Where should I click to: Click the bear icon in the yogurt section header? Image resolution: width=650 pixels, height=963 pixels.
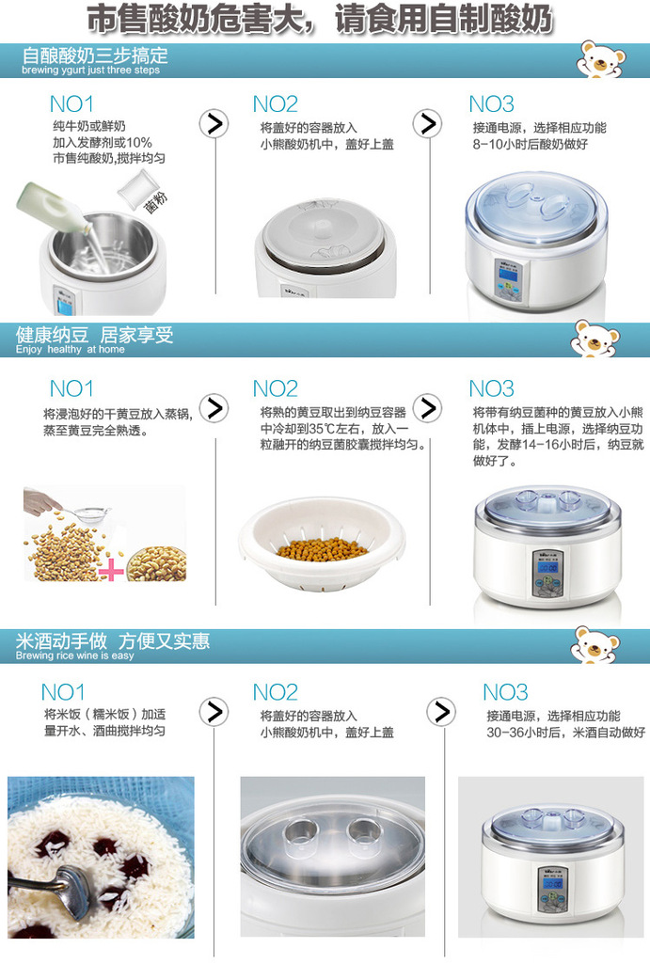[600, 59]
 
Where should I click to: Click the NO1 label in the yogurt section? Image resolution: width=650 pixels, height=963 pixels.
[72, 103]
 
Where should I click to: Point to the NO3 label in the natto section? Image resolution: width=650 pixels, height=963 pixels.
[492, 387]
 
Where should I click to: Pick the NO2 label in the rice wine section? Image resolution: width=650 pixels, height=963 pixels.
[276, 692]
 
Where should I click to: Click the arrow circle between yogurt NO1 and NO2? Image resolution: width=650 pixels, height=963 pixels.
[215, 123]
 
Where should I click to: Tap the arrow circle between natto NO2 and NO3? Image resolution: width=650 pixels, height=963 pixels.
[428, 407]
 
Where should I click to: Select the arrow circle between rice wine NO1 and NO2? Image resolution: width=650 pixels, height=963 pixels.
[215, 712]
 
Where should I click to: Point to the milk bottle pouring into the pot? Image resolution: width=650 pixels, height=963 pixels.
[56, 212]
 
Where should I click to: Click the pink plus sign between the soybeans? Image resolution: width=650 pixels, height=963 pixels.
[111, 570]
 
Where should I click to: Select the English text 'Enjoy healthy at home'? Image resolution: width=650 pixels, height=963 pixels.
[70, 350]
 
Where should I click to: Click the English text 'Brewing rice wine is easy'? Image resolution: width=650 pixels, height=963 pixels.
[75, 655]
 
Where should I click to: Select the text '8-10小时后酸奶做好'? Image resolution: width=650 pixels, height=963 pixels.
[531, 145]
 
